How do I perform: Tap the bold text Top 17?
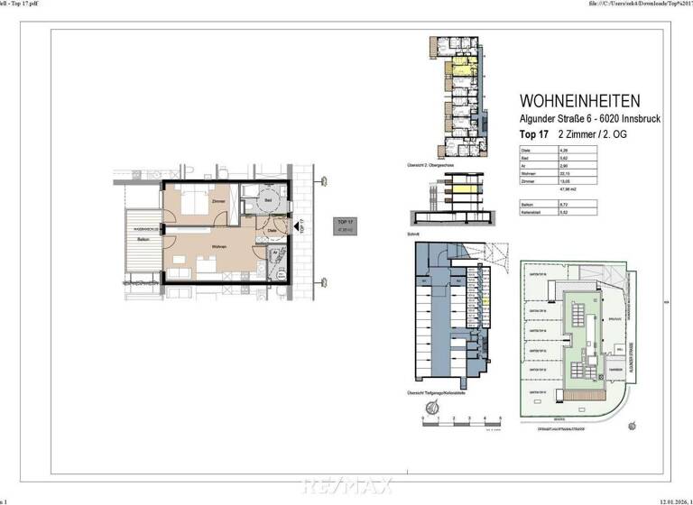point(535,133)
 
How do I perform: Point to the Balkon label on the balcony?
point(143,240)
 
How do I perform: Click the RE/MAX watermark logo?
point(346,488)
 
